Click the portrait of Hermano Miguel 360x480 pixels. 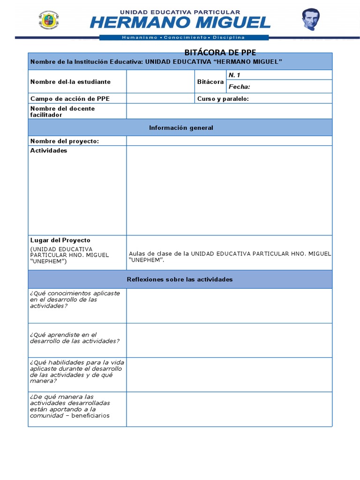tap(310, 20)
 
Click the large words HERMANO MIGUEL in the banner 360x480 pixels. tap(180, 22)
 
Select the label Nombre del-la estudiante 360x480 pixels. tap(70, 82)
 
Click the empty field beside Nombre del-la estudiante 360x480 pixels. tap(160, 82)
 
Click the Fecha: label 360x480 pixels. tap(240, 87)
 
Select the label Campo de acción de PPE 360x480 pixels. tap(70, 98)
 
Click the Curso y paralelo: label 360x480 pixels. tap(223, 98)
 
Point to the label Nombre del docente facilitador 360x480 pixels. tap(63, 112)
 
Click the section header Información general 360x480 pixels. tap(181, 128)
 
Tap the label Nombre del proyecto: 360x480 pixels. tap(65, 141)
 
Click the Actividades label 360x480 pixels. tap(49, 150)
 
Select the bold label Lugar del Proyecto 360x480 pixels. tap(60, 240)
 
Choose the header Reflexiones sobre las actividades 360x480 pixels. tap(180, 279)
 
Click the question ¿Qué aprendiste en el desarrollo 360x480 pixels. tap(74, 338)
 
